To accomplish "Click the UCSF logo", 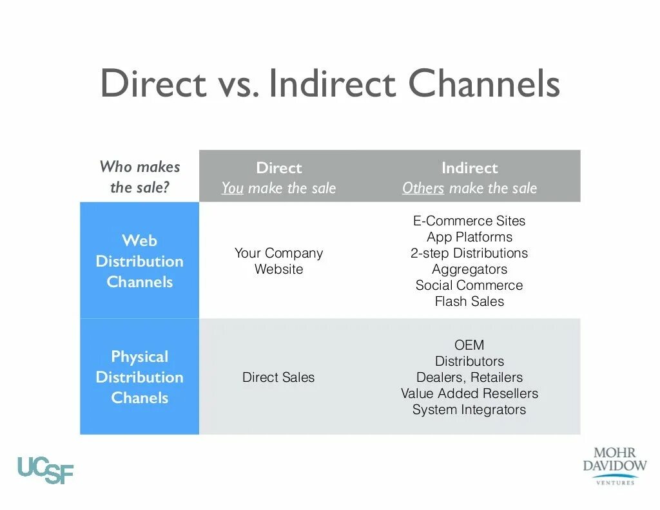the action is click(45, 469).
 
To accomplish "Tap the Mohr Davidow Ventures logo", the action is click(614, 463).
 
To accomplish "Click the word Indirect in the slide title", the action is click(332, 84).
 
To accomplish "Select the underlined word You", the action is click(232, 188).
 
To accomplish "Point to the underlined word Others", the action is click(423, 188).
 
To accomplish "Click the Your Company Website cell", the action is click(278, 261).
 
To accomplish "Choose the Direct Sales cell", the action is click(278, 377).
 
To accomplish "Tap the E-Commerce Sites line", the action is click(469, 221).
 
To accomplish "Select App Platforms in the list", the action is click(469, 237).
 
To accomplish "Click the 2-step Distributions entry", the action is click(469, 253).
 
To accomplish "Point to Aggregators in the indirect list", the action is click(469, 269).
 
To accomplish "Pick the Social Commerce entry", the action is click(469, 285).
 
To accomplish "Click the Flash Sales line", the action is click(469, 301).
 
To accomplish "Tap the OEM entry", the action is click(469, 345).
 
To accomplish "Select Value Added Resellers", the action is click(469, 393).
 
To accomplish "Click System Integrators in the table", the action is click(469, 410).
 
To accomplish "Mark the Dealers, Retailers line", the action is click(469, 377).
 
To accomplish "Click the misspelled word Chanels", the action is click(139, 398).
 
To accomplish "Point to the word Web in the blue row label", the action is click(139, 241).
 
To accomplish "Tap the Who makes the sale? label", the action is click(139, 177).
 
